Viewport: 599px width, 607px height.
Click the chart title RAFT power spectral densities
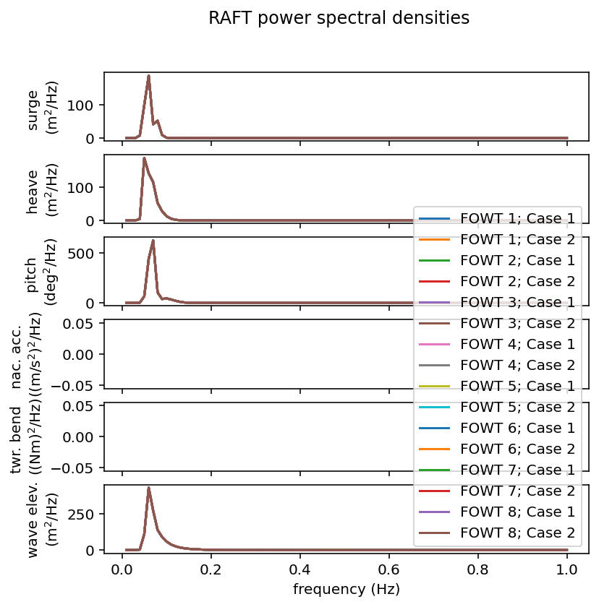pyautogui.click(x=339, y=18)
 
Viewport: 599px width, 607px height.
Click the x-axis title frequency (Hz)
pyautogui.click(x=346, y=589)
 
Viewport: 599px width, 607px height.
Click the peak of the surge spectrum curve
pyautogui.click(x=148, y=76)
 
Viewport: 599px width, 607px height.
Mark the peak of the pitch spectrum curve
pyautogui.click(x=153, y=241)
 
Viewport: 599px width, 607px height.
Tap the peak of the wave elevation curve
pyautogui.click(x=148, y=488)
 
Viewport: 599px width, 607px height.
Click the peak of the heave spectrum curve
pyautogui.click(x=144, y=158)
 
